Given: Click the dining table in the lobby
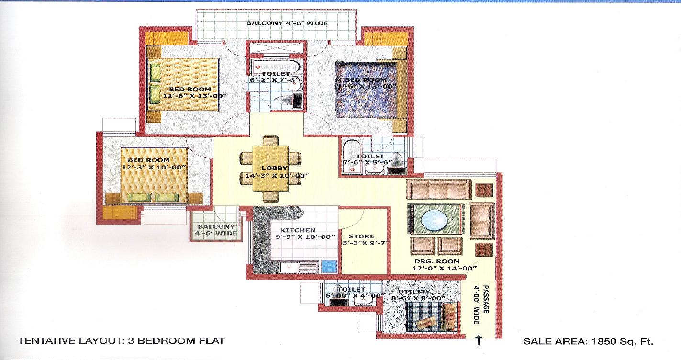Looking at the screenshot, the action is [x=270, y=169].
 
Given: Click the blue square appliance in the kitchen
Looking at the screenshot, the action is [x=329, y=266].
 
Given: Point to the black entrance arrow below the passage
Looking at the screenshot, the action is [x=479, y=340].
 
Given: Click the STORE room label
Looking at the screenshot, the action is [x=361, y=236].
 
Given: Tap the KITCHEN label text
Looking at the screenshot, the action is [x=298, y=230].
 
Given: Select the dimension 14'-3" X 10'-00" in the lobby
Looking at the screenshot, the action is [x=277, y=175].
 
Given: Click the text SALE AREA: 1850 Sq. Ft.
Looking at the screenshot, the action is [x=588, y=341].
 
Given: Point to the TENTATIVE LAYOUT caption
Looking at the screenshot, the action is [x=121, y=341].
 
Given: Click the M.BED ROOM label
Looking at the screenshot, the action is [x=361, y=79].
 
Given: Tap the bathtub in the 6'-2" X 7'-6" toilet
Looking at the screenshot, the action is [x=276, y=66].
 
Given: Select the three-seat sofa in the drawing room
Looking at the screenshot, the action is [x=439, y=189].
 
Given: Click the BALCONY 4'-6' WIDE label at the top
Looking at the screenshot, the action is [x=287, y=23].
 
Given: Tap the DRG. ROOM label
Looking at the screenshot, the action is [x=437, y=261].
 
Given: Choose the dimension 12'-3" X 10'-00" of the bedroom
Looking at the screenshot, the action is [x=154, y=167].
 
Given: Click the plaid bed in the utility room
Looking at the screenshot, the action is [x=431, y=317].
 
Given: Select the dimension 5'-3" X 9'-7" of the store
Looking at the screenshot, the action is [x=366, y=243].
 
